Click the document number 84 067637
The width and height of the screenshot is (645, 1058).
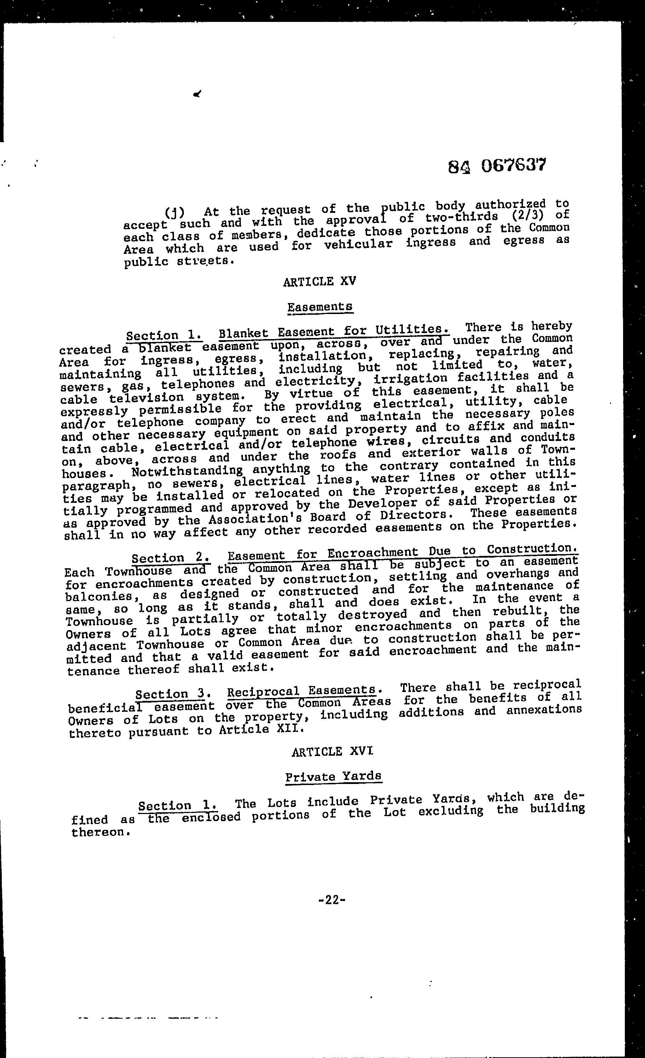coord(496,165)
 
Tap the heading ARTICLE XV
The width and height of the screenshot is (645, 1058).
coord(320,282)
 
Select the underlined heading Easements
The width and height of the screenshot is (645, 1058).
coord(320,307)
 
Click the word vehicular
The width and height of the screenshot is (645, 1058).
coord(359,244)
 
